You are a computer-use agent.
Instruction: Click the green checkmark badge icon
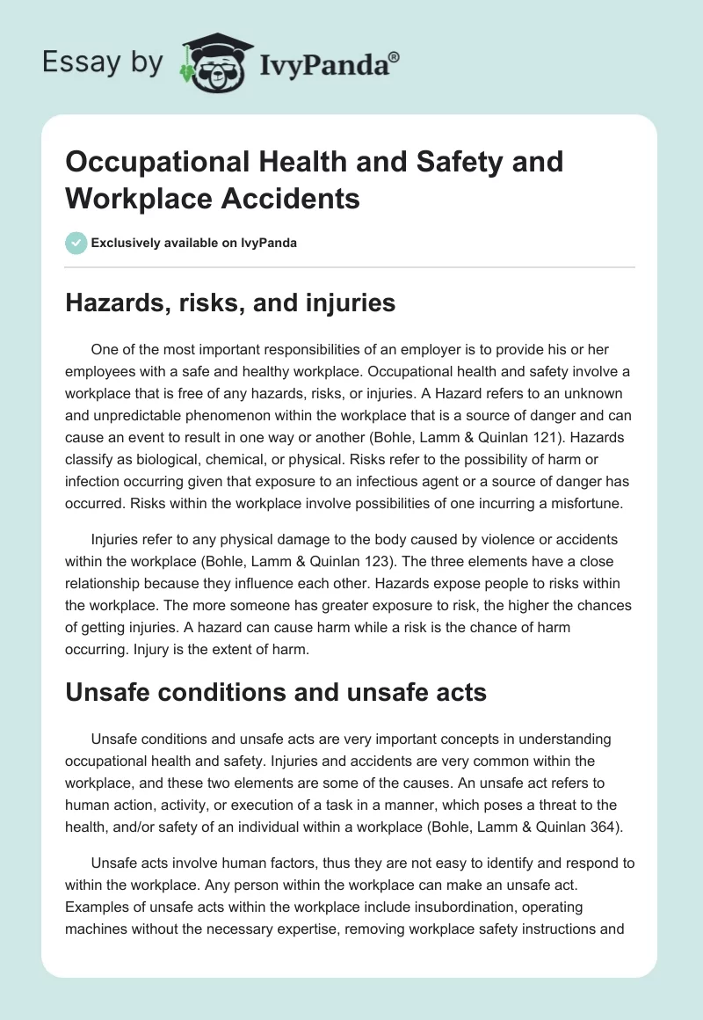77,243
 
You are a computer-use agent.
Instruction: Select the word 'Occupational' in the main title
154,162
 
